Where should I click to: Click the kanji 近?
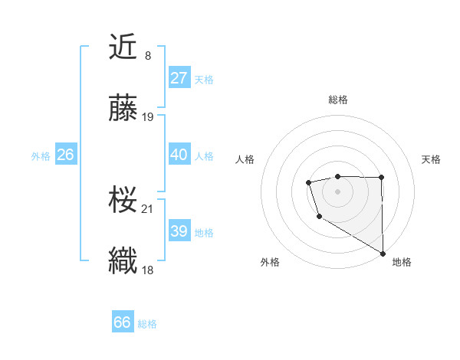click(123, 47)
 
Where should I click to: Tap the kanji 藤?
click(123, 109)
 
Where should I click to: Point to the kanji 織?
click(123, 260)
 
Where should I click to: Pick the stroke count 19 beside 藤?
click(148, 116)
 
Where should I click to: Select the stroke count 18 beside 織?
click(148, 269)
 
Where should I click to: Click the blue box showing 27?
click(179, 78)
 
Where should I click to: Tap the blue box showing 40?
click(179, 155)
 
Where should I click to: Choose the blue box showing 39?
click(179, 231)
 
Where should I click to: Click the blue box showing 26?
click(65, 155)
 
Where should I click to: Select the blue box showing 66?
click(123, 322)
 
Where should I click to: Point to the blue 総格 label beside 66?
click(147, 324)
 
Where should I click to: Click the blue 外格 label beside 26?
click(41, 156)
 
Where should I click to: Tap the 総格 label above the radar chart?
click(338, 100)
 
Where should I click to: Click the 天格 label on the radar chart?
click(431, 159)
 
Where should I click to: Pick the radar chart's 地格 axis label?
click(402, 262)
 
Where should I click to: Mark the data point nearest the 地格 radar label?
click(383, 253)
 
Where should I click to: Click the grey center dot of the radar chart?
click(337, 190)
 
